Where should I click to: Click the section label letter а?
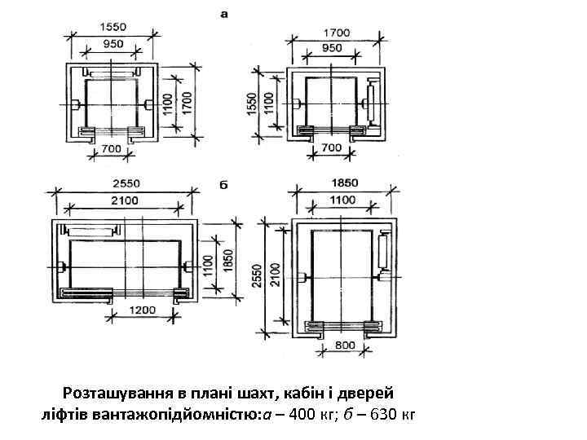[x=224, y=15]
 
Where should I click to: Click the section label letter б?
[x=223, y=185]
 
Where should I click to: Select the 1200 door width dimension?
[x=142, y=310]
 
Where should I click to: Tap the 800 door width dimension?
[x=345, y=345]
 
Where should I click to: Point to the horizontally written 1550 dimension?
[x=113, y=27]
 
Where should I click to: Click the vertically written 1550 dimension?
[x=253, y=103]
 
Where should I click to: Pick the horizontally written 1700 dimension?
[x=337, y=33]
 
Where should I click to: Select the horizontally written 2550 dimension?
[x=126, y=183]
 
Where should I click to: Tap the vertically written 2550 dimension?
[x=257, y=275]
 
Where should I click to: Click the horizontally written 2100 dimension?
[x=125, y=200]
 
